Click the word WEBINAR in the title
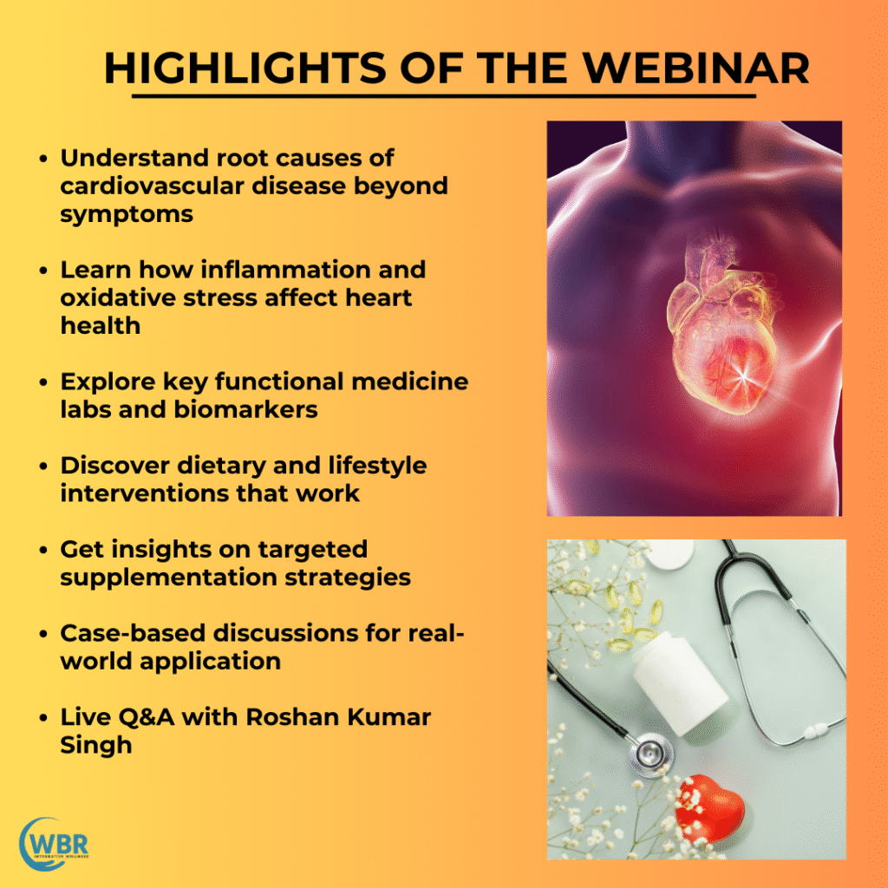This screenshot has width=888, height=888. tap(696, 69)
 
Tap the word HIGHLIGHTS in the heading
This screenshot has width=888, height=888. tap(245, 69)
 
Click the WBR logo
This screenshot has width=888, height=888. tap(55, 844)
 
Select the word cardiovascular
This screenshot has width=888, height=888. tap(153, 186)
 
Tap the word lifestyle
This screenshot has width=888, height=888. tap(377, 466)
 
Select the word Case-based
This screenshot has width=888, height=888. tap(133, 633)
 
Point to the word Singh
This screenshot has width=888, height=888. tap(95, 746)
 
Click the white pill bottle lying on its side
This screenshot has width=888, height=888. tap(679, 685)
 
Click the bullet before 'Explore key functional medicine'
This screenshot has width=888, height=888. tap(43, 382)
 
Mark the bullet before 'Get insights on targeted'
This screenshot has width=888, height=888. tap(43, 550)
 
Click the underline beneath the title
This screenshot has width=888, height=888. tap(443, 96)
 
